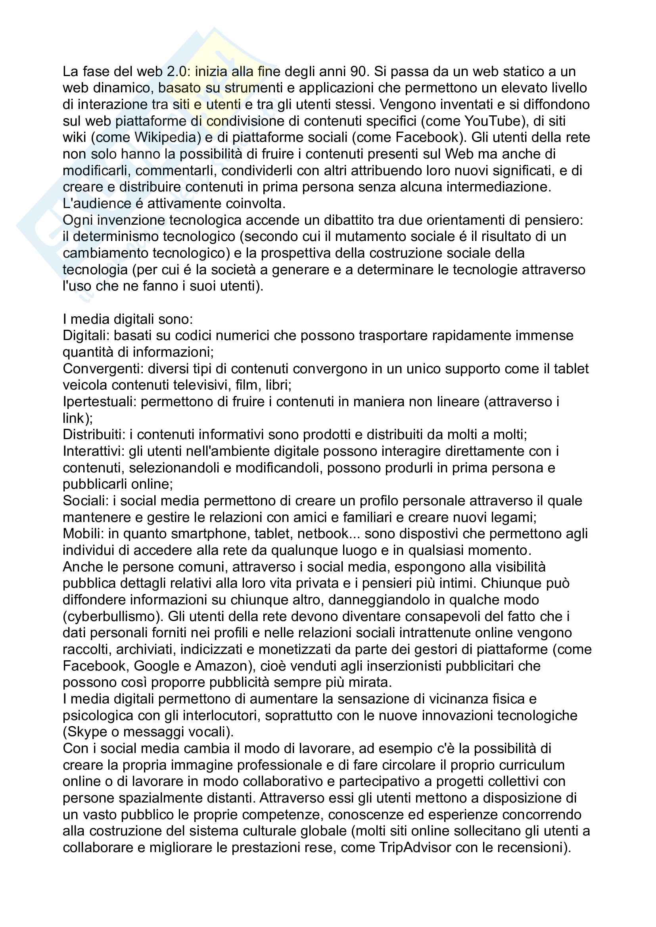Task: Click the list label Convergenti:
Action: point(103,369)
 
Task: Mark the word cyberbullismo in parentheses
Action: point(112,617)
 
